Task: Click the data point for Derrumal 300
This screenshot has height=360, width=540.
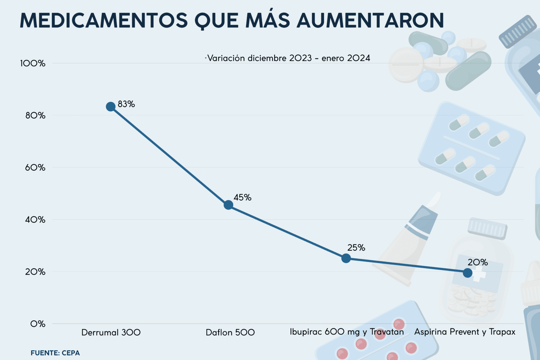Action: [x=111, y=107]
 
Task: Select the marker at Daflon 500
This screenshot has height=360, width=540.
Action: [x=228, y=205]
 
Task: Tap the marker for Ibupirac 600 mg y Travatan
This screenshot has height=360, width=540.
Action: [x=346, y=258]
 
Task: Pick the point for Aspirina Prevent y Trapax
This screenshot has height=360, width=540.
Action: [x=468, y=273]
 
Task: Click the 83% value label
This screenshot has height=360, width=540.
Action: [x=126, y=104]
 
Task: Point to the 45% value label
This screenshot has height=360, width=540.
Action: [x=242, y=198]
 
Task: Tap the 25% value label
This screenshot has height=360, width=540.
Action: [x=356, y=248]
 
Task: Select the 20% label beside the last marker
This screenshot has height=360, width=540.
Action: [x=477, y=263]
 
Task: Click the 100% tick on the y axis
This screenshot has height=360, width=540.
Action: [x=33, y=63]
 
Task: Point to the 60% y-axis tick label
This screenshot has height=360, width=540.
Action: [x=35, y=168]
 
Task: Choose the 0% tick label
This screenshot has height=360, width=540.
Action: [x=38, y=324]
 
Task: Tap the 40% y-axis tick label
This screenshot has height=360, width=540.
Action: [x=35, y=220]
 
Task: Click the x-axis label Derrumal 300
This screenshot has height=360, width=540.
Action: [x=111, y=333]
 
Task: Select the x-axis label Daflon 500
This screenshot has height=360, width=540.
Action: [x=230, y=333]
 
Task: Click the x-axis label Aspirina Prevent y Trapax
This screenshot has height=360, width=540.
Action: [x=465, y=332]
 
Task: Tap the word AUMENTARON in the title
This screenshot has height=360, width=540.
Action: [x=370, y=21]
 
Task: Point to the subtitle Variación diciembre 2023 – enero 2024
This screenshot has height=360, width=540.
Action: [x=289, y=58]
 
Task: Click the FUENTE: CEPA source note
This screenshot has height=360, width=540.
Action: [x=55, y=353]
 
